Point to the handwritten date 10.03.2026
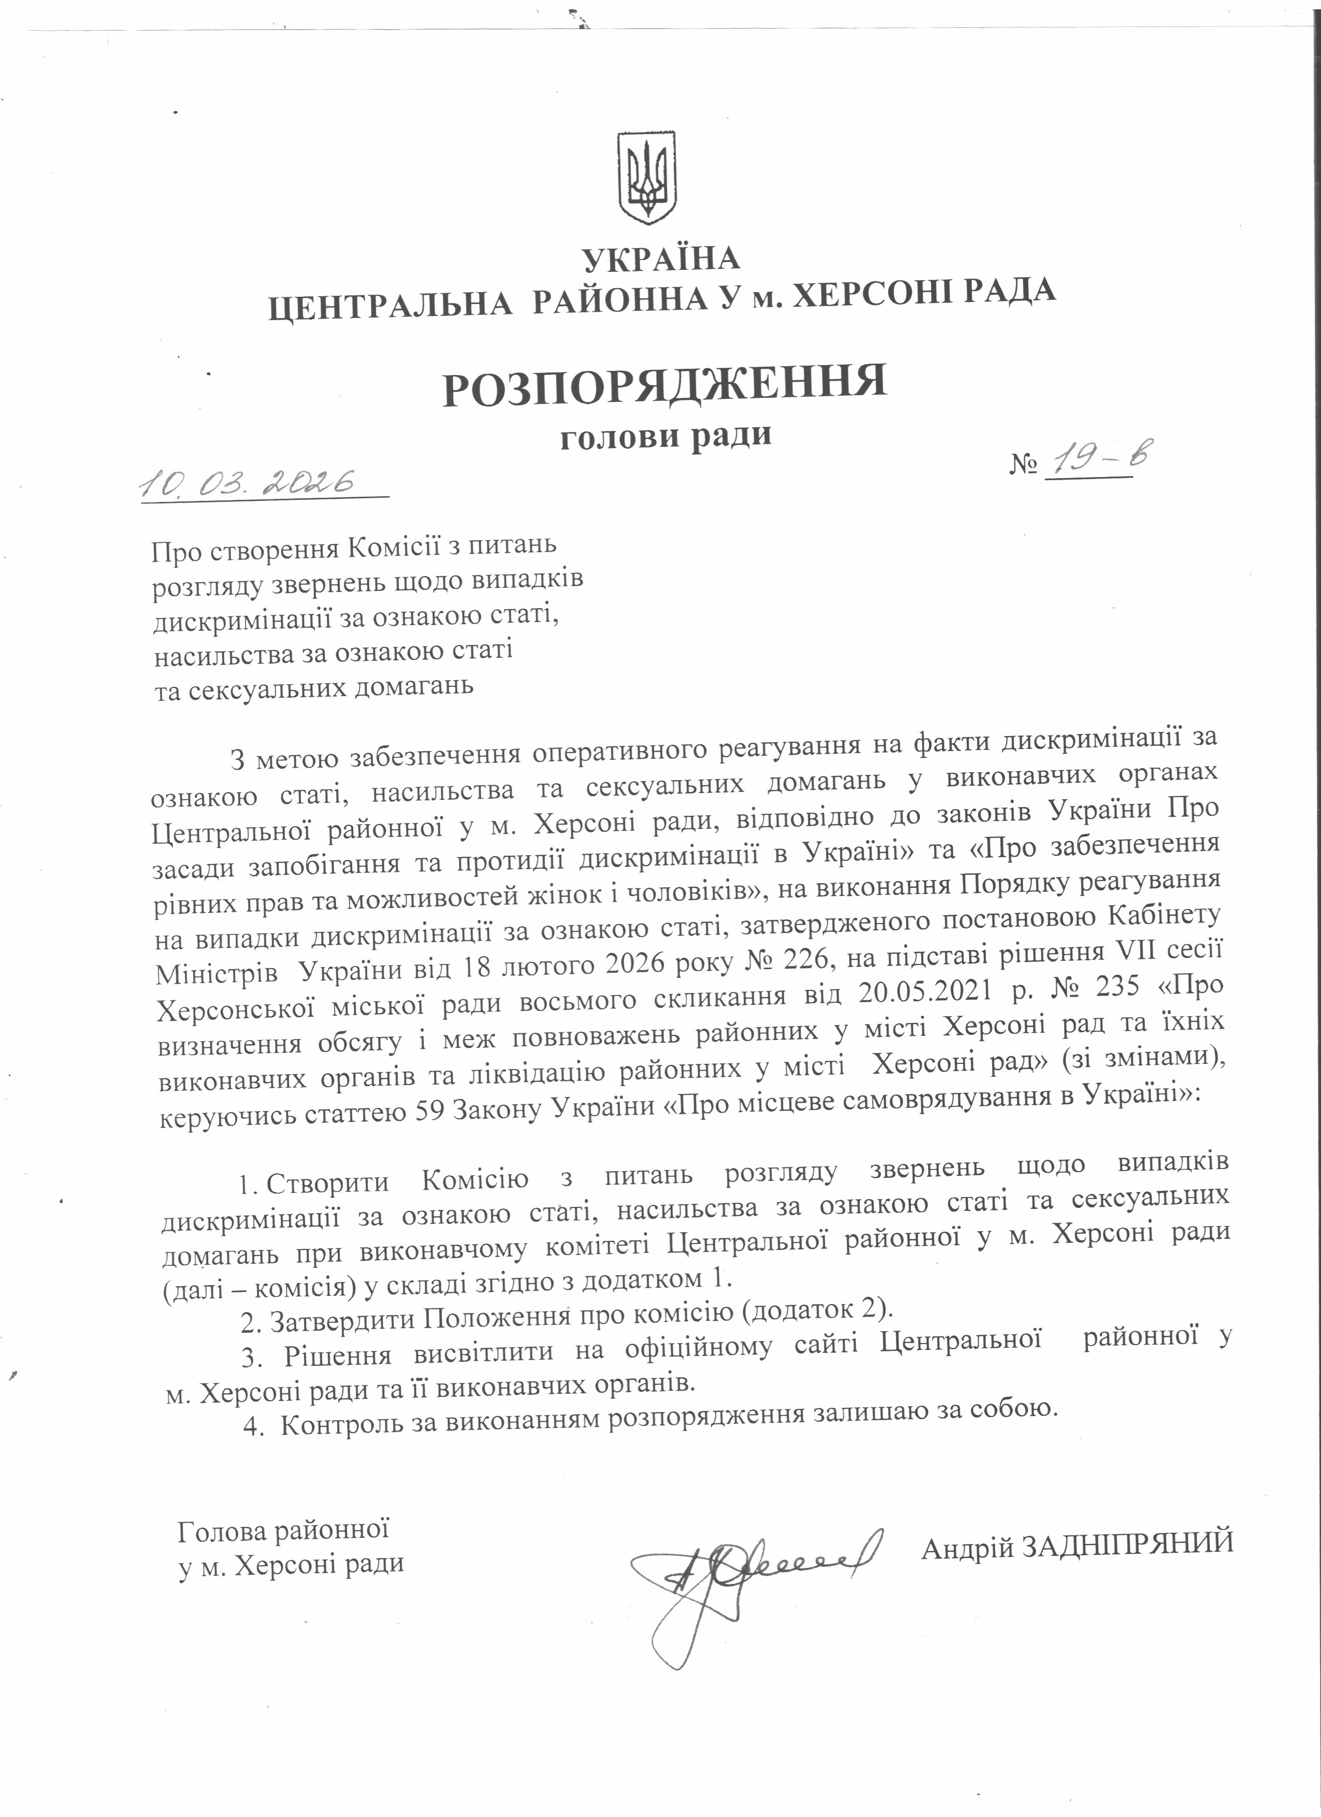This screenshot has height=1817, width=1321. [x=248, y=482]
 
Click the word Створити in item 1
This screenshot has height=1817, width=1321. [x=327, y=1183]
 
